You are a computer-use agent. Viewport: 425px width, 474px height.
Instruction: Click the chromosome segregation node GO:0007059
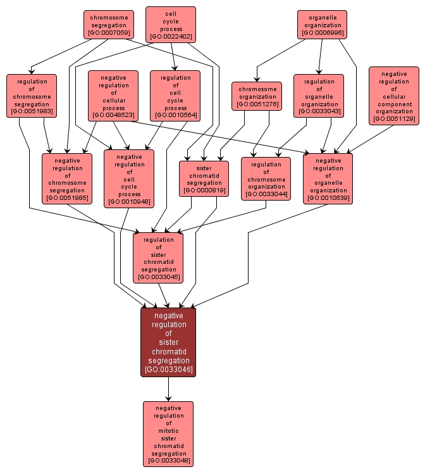108,24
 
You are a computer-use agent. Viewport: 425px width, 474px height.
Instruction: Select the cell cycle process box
171,25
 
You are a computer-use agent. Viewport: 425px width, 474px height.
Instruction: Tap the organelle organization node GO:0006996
323,24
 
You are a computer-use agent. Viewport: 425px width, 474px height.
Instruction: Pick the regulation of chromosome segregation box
32,96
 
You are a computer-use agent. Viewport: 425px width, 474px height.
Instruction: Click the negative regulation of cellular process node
113,96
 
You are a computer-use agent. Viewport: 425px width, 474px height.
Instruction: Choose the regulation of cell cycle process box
175,96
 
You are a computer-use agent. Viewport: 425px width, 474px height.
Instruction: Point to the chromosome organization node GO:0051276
256,96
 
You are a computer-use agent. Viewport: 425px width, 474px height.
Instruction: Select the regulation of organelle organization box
319,96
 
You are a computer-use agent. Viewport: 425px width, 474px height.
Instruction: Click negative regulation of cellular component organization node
393,96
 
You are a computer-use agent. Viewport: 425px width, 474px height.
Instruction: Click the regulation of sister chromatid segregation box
158,258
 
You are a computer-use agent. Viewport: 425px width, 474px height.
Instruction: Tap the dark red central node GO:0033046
168,342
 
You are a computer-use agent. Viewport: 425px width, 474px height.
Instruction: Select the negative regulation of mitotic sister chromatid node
168,434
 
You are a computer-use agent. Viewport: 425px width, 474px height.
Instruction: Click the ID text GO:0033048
168,461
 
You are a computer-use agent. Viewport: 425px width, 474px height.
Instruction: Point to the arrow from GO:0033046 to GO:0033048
168,389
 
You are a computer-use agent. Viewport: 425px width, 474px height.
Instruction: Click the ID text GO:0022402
171,37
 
